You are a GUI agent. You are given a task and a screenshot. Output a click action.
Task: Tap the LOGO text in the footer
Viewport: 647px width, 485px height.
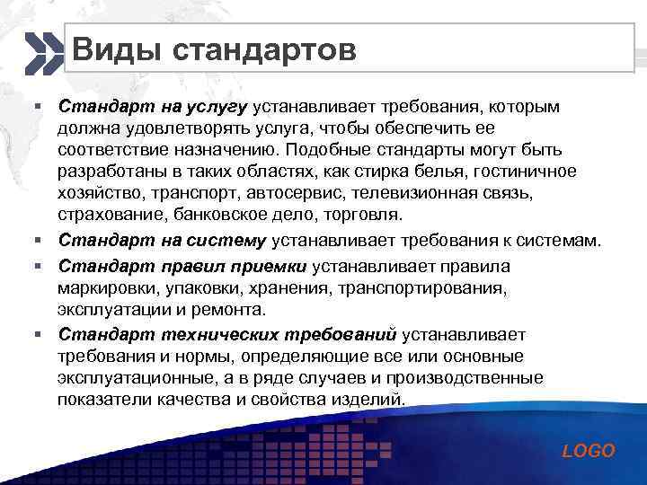(x=589, y=451)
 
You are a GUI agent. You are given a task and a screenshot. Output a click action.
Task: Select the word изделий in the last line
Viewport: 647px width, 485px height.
(x=370, y=400)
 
